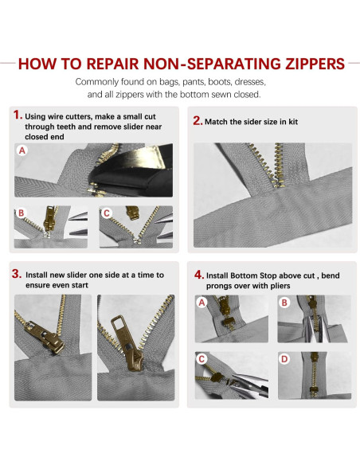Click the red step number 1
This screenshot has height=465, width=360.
[17, 115]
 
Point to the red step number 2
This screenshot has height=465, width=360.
[198, 121]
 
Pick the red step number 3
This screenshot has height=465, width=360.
[17, 272]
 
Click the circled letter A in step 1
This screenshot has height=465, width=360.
[22, 149]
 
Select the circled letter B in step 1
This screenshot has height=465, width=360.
[22, 213]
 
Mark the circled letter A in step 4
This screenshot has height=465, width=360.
[202, 303]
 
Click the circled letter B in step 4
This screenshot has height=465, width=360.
[284, 303]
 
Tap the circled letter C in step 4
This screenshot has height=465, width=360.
[202, 358]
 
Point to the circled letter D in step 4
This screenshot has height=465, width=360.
[284, 358]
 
